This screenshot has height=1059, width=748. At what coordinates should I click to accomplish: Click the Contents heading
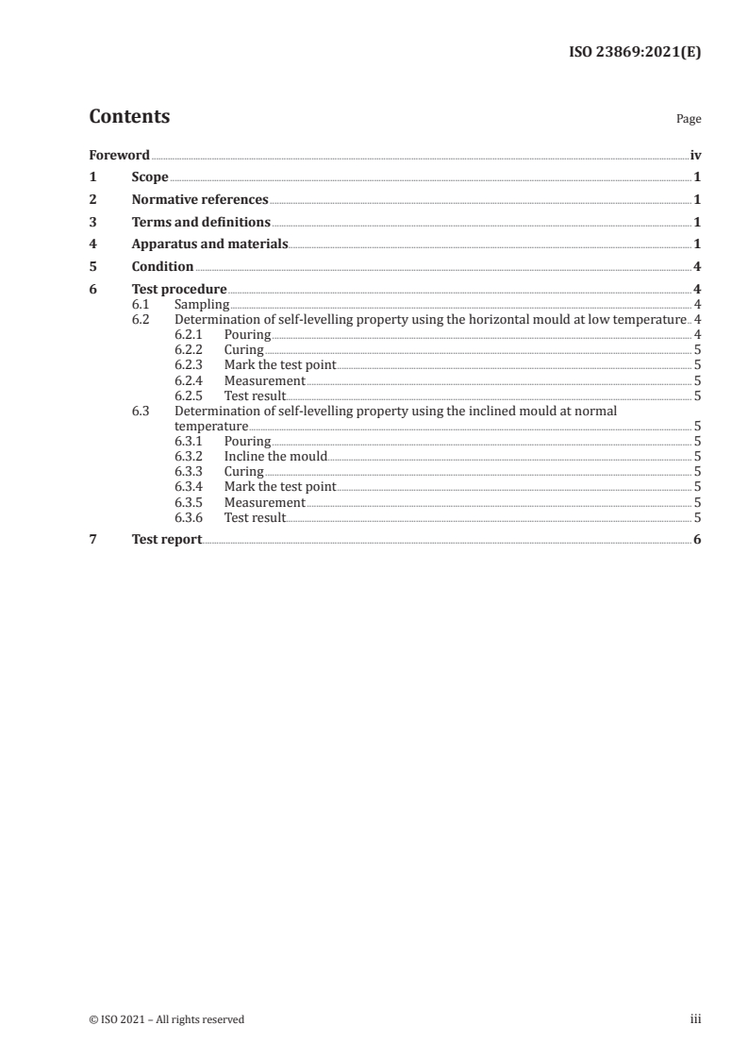(129, 117)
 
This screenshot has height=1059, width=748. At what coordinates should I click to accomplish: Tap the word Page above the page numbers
(689, 120)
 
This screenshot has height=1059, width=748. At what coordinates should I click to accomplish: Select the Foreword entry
(119, 155)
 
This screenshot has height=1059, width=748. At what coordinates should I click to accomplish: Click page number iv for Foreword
(695, 155)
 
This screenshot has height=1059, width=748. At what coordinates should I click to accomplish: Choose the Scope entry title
(150, 177)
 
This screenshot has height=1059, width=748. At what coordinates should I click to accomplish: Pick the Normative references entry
(200, 200)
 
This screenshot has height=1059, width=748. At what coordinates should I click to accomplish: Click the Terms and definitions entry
(201, 223)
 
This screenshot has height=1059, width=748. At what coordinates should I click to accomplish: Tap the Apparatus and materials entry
(209, 244)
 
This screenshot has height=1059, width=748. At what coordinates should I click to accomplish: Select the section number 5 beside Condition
(92, 267)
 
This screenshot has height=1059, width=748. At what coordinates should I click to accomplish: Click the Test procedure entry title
(179, 290)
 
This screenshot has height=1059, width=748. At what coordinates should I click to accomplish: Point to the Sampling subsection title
(202, 305)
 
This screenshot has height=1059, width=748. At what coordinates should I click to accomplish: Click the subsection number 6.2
(141, 320)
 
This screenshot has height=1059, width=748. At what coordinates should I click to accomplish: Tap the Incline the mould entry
(275, 456)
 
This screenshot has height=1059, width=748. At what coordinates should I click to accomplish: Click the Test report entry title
(167, 540)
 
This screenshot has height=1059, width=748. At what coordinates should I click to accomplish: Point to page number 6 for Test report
(696, 540)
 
